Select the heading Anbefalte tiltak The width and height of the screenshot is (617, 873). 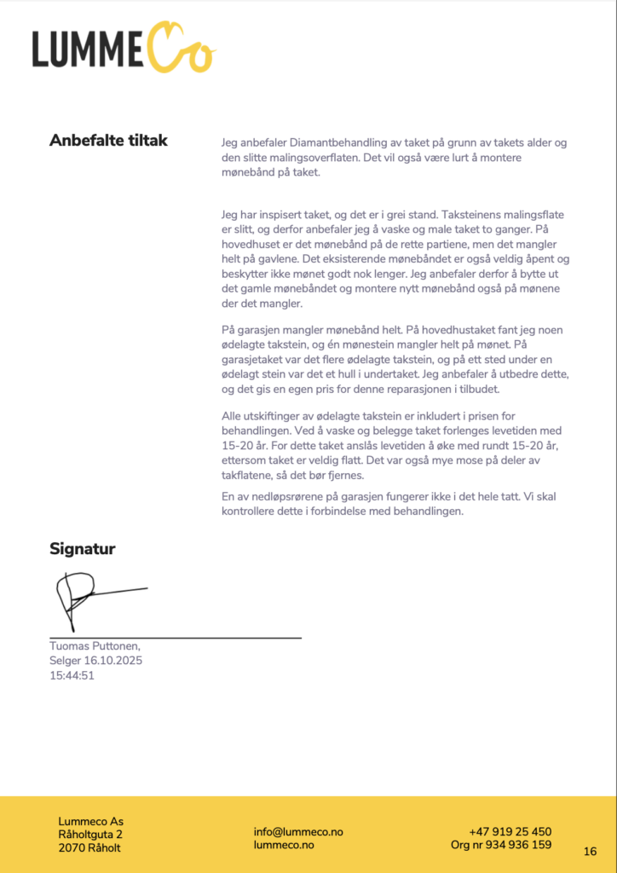108,141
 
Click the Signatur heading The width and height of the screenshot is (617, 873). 82,549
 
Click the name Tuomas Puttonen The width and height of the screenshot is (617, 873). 95,646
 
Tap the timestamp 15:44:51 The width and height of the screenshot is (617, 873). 72,675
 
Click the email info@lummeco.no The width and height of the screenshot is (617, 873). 298,832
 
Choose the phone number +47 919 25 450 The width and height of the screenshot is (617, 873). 510,831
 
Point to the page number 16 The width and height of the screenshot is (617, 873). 590,851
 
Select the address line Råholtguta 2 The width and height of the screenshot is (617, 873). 90,835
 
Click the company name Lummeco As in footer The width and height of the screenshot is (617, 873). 90,822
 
